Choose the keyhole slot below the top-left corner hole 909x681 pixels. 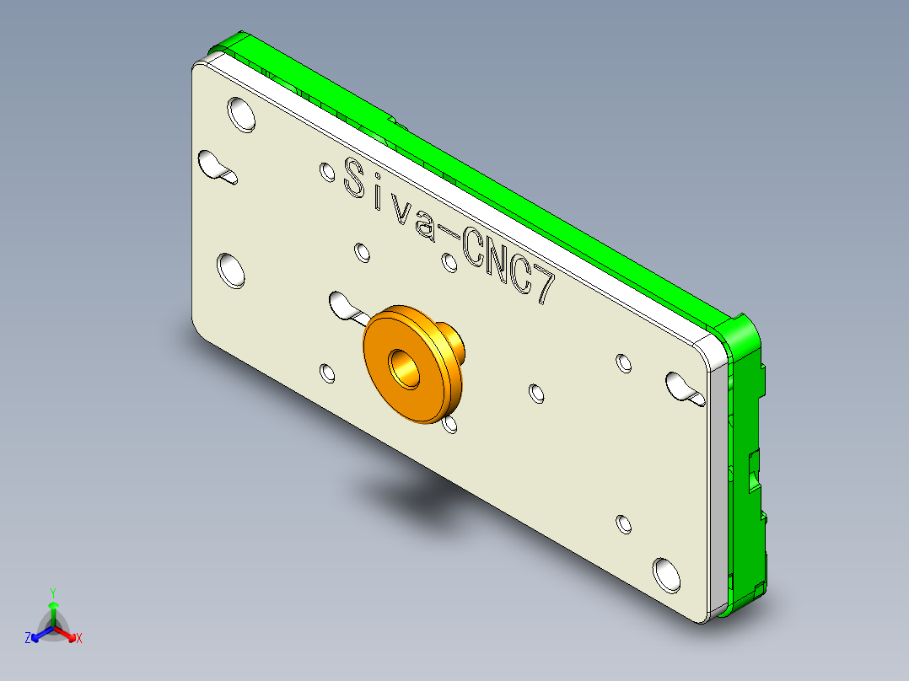click(x=216, y=166)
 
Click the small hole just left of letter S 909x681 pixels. click(x=326, y=172)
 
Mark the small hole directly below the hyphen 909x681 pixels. click(x=450, y=262)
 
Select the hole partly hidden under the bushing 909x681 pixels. click(x=451, y=422)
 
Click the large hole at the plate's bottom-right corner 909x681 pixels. click(x=666, y=572)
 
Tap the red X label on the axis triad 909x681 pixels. click(x=79, y=639)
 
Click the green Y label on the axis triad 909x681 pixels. click(x=52, y=593)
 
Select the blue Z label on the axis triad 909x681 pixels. click(x=28, y=638)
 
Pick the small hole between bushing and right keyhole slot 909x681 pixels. click(x=537, y=392)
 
